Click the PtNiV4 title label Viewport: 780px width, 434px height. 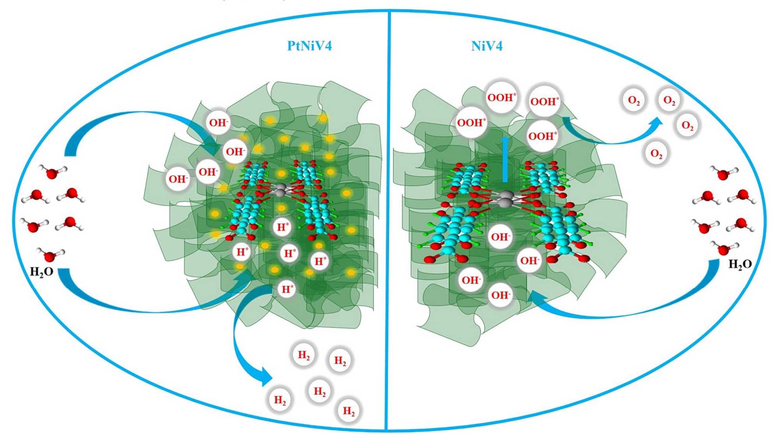[309, 46]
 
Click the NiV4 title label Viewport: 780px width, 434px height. [487, 46]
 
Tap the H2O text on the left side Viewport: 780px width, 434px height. [41, 272]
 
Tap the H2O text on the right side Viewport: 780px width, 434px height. [740, 264]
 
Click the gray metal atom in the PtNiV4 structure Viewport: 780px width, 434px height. [280, 192]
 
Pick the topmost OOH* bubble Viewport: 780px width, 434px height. [502, 97]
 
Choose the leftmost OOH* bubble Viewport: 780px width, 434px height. [471, 123]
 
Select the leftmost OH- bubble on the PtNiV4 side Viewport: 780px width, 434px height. [178, 179]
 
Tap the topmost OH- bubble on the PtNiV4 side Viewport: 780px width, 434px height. [218, 123]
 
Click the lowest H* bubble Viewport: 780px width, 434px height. [287, 289]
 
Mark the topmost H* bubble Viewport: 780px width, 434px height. [283, 227]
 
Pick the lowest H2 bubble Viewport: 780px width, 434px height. [349, 411]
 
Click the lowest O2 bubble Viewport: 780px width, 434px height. [656, 154]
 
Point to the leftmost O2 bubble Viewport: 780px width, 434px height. [634, 101]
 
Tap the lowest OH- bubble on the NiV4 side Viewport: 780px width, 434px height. [500, 295]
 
